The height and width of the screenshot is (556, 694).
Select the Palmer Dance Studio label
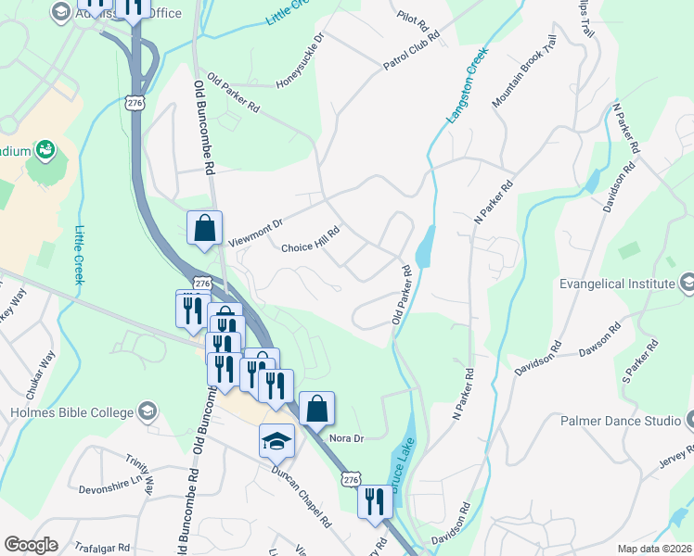pos(621,421)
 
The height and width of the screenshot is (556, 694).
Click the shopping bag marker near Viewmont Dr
pos(204,228)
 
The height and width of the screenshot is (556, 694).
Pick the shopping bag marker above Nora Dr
pos(316,409)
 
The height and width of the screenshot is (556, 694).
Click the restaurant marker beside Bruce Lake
pos(375,501)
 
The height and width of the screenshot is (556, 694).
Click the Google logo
pos(31,545)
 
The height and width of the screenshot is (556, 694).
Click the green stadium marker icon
pos(44,149)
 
